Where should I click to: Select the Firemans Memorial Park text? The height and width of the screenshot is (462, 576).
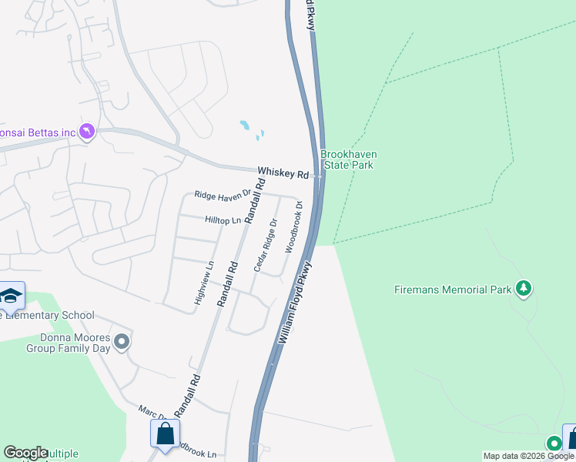(x=451, y=290)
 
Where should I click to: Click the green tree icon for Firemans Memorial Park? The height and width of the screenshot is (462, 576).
(x=524, y=288)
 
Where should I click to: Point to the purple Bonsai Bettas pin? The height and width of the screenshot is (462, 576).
(x=87, y=132)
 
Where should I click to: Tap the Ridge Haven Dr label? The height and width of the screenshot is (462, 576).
(x=223, y=195)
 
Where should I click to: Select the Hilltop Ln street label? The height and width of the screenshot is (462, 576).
(x=223, y=220)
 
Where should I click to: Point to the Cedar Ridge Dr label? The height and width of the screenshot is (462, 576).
(x=265, y=245)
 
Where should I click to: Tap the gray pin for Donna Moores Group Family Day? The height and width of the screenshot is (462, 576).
(x=122, y=341)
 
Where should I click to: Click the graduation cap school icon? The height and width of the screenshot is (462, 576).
(x=11, y=296)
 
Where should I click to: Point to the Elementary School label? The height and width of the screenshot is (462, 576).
(x=48, y=315)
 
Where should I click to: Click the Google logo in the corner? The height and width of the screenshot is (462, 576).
(x=25, y=453)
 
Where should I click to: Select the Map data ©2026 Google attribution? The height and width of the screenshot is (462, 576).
(x=528, y=456)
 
